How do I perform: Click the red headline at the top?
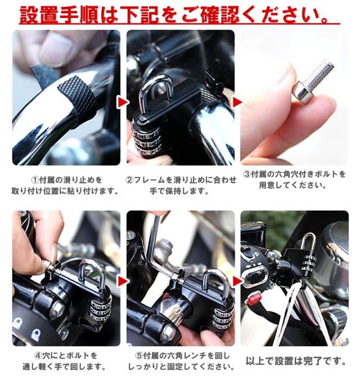tap(179, 15)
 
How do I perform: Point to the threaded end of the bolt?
tap(322, 71)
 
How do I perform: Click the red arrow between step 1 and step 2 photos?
tap(123, 102)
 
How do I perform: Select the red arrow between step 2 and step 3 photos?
tap(237, 102)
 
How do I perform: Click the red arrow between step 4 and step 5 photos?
tap(123, 281)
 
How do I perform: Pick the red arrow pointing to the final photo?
tap(237, 281)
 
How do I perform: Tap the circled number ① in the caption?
tap(35, 180)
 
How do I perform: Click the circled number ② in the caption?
tap(129, 180)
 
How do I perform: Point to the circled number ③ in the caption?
tap(247, 174)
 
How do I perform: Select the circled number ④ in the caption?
tap(38, 355)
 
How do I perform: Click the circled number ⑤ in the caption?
tap(139, 356)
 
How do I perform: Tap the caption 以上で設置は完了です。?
tap(296, 361)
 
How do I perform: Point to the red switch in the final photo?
tap(254, 298)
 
